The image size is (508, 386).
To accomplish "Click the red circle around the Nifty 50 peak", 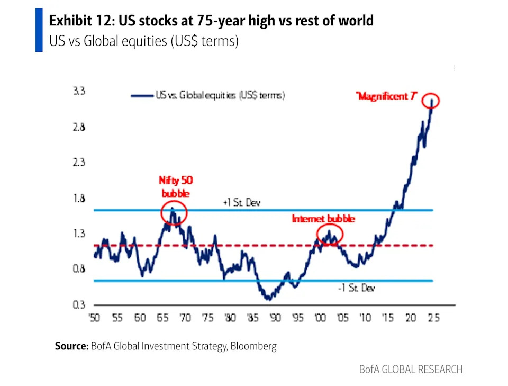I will pos(174,211).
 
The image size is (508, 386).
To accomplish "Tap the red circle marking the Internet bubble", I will pos(330,234).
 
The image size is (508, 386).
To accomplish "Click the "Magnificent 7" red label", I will pos(387,96).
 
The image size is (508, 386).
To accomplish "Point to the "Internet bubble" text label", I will pos(323,218).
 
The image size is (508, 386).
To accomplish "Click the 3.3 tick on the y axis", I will pos(79,91).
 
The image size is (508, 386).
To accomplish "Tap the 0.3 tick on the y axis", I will pos(79,305).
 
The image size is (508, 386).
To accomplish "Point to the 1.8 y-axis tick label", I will pos(79,198).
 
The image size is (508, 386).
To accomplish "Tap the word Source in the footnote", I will pos(71,346).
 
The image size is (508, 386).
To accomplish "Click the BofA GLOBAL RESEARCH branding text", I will pos(411,369).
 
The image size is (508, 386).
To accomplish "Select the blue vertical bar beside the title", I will pos(39,30).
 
